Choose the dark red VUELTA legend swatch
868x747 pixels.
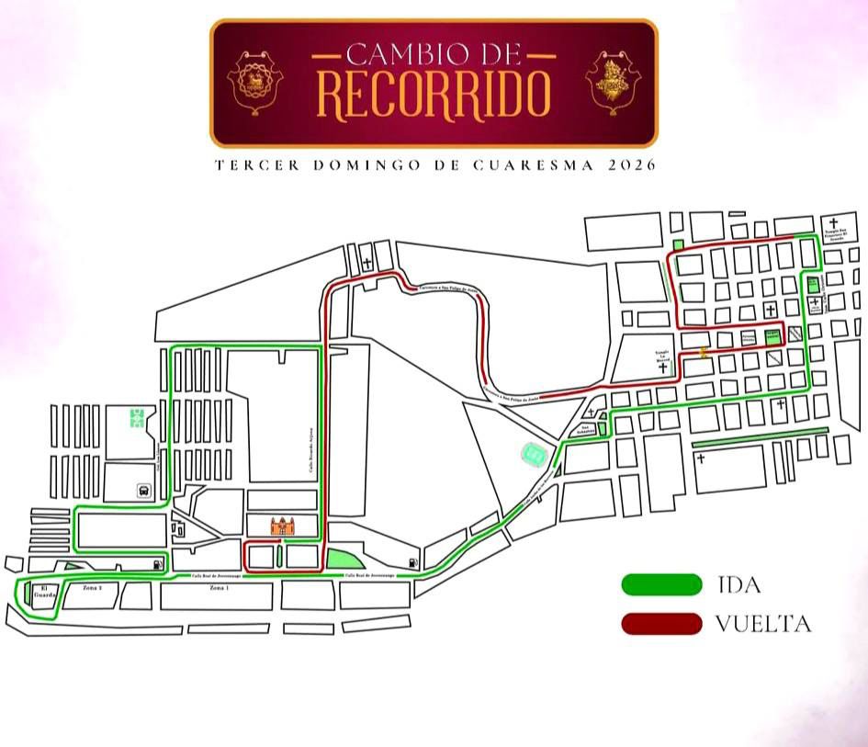tap(661, 625)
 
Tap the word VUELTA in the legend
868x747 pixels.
tap(763, 625)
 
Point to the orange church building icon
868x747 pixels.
tap(283, 526)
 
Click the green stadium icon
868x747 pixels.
tap(534, 452)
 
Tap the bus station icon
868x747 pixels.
tap(144, 490)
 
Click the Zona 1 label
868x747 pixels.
tap(218, 587)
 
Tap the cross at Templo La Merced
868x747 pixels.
tap(662, 368)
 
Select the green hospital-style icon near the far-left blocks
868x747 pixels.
tap(137, 418)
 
